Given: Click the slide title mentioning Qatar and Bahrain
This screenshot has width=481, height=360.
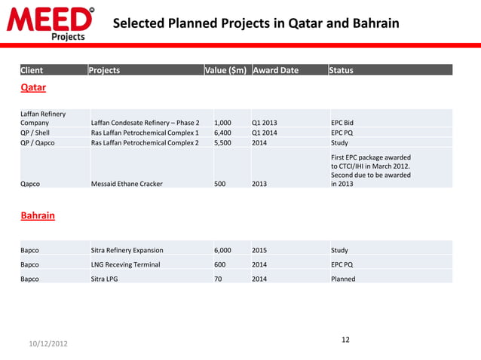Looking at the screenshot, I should click(256, 24).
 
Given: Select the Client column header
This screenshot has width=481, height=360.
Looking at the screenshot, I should click(32, 71).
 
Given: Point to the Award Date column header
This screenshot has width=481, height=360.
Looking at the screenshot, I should click(276, 71).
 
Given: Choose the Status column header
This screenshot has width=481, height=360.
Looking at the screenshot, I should click(341, 71).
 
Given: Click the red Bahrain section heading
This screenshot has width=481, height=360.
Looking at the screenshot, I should click(37, 215).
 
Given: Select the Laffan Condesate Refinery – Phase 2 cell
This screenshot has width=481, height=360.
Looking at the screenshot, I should click(145, 122).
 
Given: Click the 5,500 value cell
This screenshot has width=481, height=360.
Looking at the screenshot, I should click(222, 142).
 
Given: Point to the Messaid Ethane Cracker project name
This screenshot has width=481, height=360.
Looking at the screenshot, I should click(126, 183).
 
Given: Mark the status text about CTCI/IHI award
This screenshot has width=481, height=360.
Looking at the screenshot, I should click(370, 170).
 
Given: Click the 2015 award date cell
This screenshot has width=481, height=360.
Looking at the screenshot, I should click(259, 250).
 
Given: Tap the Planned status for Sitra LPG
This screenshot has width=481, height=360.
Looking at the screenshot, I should click(343, 279).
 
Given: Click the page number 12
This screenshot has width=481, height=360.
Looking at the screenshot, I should click(345, 340).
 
